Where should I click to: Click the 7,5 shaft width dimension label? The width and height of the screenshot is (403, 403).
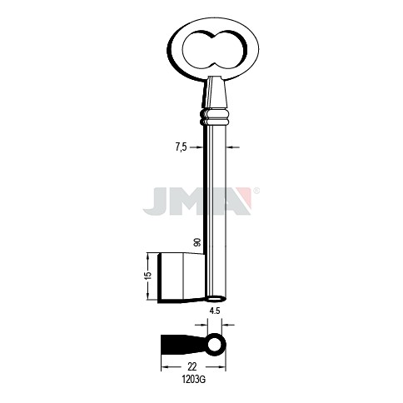pyautogui.click(x=182, y=147)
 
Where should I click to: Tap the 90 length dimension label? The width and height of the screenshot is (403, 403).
pyautogui.click(x=197, y=242)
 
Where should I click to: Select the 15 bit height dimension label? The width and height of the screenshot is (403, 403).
pyautogui.click(x=149, y=275)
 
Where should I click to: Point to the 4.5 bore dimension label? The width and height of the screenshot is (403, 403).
pyautogui.click(x=215, y=311)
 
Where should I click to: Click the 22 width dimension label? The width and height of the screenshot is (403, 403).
pyautogui.click(x=192, y=366)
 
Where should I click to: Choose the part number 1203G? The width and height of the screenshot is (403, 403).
pyautogui.click(x=194, y=380)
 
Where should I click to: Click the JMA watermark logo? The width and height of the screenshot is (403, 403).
pyautogui.click(x=197, y=201)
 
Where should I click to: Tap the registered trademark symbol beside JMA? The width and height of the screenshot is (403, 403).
pyautogui.click(x=257, y=191)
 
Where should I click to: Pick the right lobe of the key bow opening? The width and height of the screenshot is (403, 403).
pyautogui.click(x=230, y=50)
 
